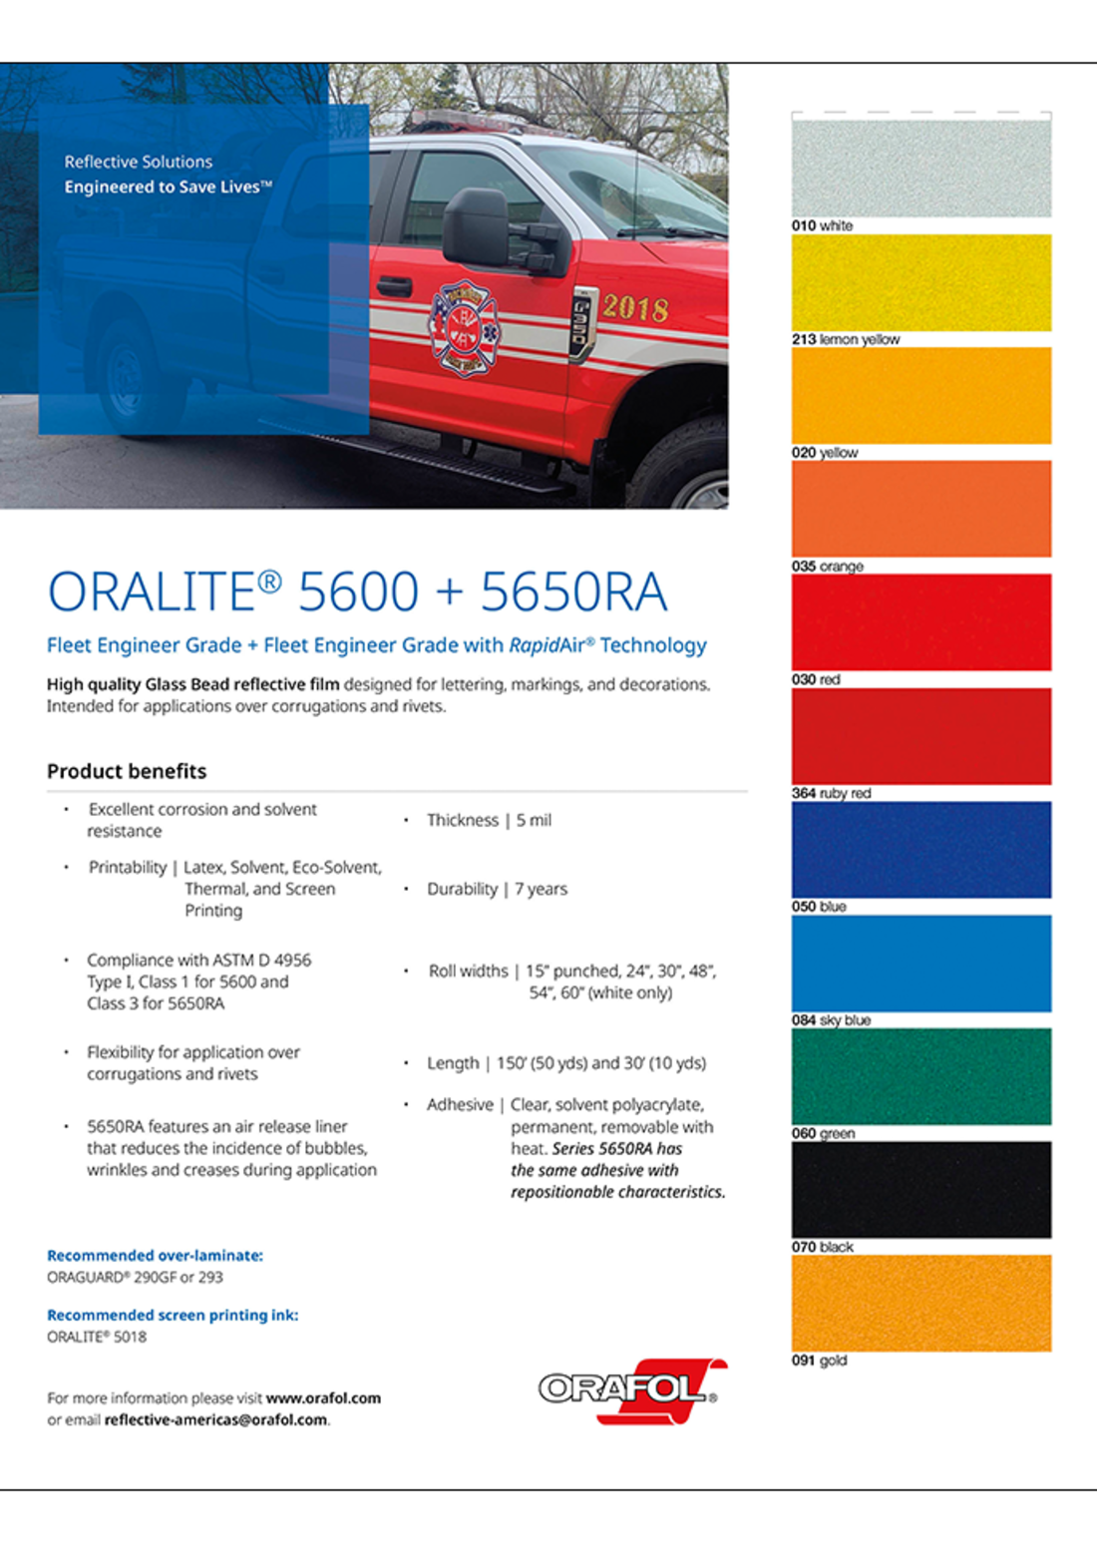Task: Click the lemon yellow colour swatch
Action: [920, 282]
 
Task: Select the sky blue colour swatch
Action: [920, 963]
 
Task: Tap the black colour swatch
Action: [920, 1190]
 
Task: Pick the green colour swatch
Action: [920, 1076]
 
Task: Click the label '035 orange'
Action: [827, 567]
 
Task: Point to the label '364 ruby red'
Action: [831, 794]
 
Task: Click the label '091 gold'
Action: [819, 1360]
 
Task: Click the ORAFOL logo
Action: [631, 1388]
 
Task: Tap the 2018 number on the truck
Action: [635, 307]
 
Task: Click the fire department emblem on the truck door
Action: [464, 327]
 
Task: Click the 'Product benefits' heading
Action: [127, 771]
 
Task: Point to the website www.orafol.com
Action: [323, 1398]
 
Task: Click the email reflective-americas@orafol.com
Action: [215, 1420]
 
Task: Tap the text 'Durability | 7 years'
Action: [497, 889]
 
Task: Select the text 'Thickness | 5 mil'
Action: [489, 820]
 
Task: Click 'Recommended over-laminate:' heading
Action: [155, 1256]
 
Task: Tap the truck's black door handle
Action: [394, 286]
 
